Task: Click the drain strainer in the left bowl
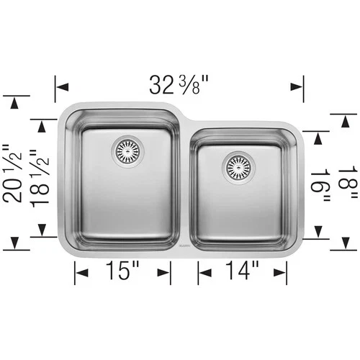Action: click(x=128, y=150)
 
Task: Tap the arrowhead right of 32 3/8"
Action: click(x=296, y=86)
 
